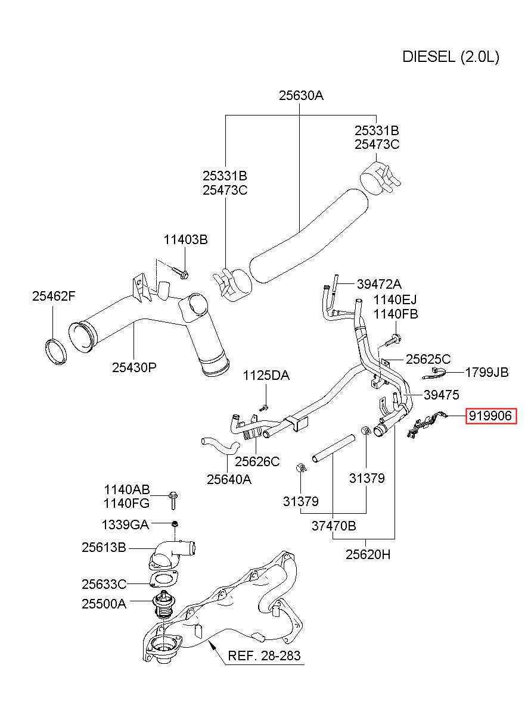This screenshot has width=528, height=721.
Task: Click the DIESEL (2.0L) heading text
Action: pyautogui.click(x=451, y=57)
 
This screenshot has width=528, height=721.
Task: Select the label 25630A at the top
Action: pyautogui.click(x=301, y=95)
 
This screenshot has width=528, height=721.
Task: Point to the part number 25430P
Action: pyautogui.click(x=134, y=367)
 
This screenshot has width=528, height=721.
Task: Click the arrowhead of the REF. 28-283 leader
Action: pyautogui.click(x=210, y=641)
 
